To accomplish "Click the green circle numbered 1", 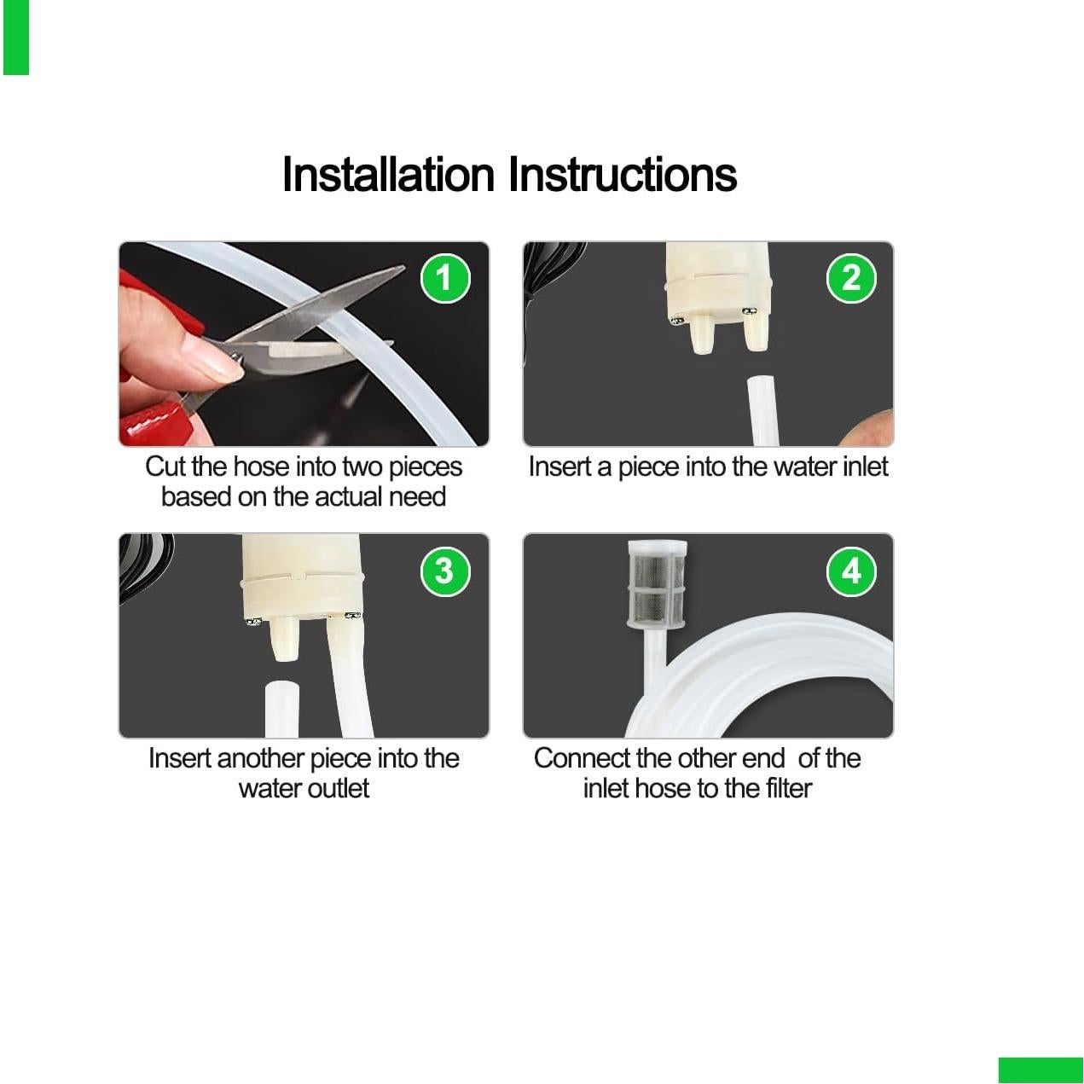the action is pyautogui.click(x=445, y=278).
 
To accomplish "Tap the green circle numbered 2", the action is pyautogui.click(x=850, y=278).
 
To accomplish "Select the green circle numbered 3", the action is pyautogui.click(x=445, y=571).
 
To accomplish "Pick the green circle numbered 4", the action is pyautogui.click(x=850, y=571).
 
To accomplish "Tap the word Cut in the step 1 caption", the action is pyautogui.click(x=165, y=467).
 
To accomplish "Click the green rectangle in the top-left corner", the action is pyautogui.click(x=15, y=38).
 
